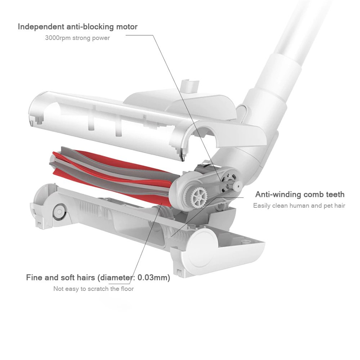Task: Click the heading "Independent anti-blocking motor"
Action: pyautogui.click(x=78, y=27)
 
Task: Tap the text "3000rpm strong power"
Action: pyautogui.click(x=77, y=38)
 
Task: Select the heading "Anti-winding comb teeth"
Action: pyautogui.click(x=300, y=194)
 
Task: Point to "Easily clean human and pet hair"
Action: pyautogui.click(x=299, y=206)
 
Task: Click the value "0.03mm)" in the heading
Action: pyautogui.click(x=154, y=278)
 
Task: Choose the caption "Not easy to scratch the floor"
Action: pyautogui.click(x=94, y=289)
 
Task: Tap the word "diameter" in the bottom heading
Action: pyautogui.click(x=114, y=278)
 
